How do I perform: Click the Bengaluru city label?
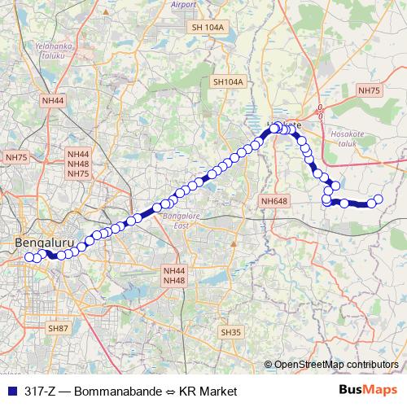pyautogui.click(x=45, y=243)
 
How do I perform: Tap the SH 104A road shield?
pyautogui.click(x=207, y=27)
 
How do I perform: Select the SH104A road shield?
pyautogui.click(x=228, y=82)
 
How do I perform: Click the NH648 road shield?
pyautogui.click(x=274, y=200)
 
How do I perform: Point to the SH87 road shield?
pyautogui.click(x=58, y=328)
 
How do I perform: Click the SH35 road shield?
pyautogui.click(x=231, y=332)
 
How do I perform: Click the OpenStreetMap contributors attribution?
pyautogui.click(x=336, y=364)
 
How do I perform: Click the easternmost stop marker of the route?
pyautogui.click(x=378, y=199)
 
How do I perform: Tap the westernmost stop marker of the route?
pyautogui.click(x=29, y=258)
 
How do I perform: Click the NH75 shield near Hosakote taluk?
pyautogui.click(x=369, y=90)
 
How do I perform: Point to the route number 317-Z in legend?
pyautogui.click(x=41, y=390)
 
